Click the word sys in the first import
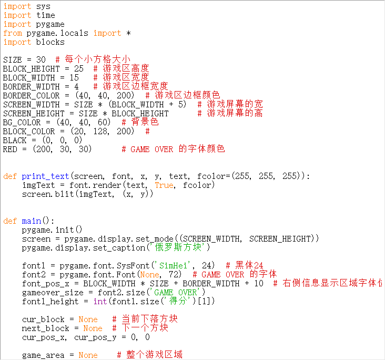tap(43, 6)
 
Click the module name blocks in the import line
tap(50, 42)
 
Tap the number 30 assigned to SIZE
tap(40, 60)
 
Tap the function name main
tap(31, 221)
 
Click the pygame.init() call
tap(52, 230)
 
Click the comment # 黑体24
tap(245, 266)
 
